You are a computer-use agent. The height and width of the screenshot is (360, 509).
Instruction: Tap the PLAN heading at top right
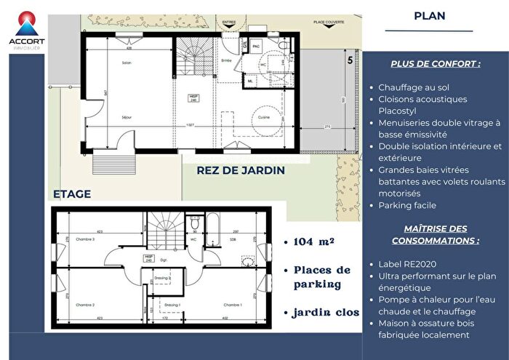pyautogui.click(x=429, y=15)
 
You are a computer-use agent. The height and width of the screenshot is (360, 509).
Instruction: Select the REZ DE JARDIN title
pyautogui.click(x=241, y=170)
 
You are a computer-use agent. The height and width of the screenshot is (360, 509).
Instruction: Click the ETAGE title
pyautogui.click(x=71, y=193)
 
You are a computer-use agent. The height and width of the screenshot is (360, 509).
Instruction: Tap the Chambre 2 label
pyautogui.click(x=86, y=305)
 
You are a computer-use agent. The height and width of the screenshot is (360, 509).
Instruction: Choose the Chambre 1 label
pyautogui.click(x=233, y=305)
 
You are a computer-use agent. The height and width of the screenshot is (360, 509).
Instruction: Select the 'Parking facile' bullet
pyautogui.click(x=401, y=206)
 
